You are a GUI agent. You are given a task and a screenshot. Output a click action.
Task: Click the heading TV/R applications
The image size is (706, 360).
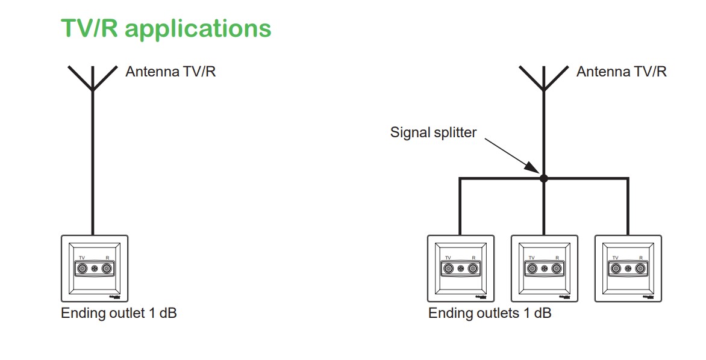(x=166, y=28)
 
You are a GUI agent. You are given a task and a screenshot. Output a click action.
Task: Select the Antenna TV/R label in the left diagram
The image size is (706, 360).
(x=170, y=72)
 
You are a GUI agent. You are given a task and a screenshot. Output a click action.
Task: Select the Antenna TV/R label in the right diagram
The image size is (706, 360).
(x=621, y=72)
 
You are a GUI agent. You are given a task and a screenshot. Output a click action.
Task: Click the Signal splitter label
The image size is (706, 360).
(x=433, y=132)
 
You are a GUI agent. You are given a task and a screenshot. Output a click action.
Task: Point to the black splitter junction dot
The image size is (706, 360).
(x=543, y=178)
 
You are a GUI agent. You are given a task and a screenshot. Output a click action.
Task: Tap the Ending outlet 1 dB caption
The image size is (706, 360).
(x=119, y=314)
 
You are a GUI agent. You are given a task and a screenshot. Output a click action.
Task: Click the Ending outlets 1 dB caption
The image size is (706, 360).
(x=490, y=314)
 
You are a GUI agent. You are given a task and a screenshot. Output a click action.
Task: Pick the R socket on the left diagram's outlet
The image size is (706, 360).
(x=108, y=268)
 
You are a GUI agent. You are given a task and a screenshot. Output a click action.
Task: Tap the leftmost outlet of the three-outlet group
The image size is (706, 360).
(x=460, y=268)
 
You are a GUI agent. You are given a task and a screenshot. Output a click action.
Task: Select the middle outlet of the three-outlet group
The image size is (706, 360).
(x=544, y=268)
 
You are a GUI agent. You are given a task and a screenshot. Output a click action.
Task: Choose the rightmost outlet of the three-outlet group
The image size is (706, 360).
(x=628, y=268)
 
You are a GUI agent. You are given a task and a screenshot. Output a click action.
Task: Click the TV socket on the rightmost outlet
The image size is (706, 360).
(x=615, y=268)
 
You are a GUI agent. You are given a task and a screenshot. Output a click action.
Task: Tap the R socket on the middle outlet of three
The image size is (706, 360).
(x=557, y=268)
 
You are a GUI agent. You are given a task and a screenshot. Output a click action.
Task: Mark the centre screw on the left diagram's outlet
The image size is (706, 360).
(x=95, y=268)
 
